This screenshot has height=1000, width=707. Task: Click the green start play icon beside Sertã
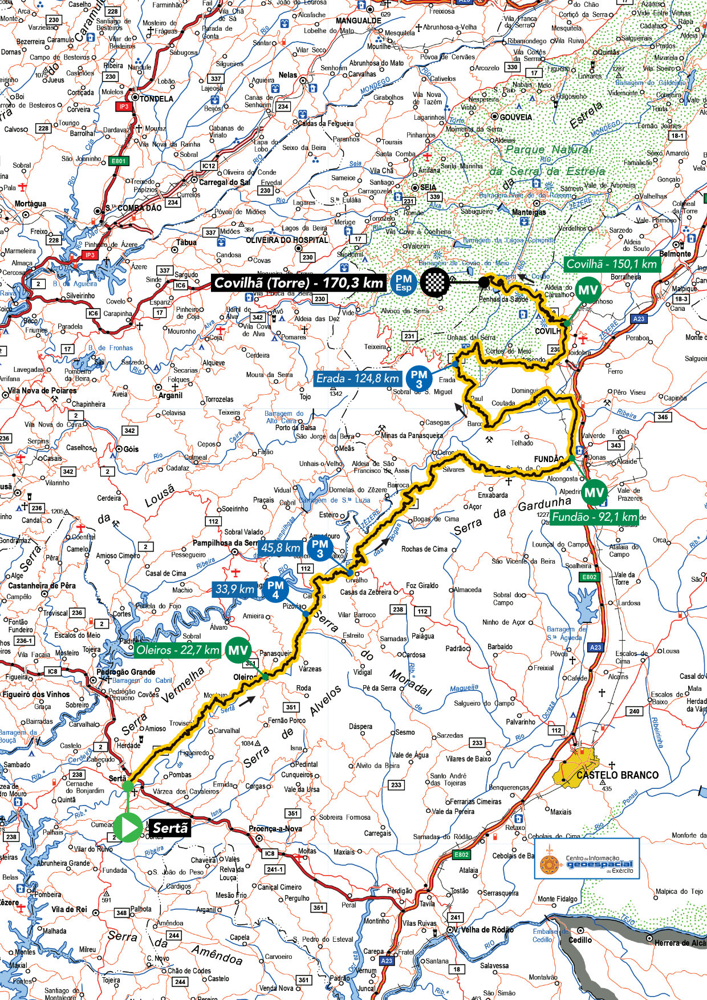[128, 827]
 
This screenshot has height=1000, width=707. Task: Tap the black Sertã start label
[169, 828]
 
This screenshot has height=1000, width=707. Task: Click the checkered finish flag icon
[435, 282]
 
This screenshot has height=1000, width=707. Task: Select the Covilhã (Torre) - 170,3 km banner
[299, 282]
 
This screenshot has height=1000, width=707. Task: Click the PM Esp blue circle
[404, 282]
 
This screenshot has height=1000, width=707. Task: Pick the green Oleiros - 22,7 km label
[178, 650]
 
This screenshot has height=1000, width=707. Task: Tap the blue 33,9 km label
[235, 588]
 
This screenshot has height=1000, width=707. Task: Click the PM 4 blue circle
[275, 589]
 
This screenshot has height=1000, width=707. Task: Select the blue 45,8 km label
[280, 547]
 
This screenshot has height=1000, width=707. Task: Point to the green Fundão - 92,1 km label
[595, 517]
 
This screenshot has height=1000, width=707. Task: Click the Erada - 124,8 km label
[357, 378]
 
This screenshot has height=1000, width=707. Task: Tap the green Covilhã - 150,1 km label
[611, 264]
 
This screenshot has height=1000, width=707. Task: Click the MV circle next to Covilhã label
[588, 290]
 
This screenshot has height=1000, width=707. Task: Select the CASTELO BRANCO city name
[617, 775]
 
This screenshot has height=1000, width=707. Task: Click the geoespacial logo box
[587, 859]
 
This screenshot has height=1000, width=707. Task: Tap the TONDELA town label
[156, 99]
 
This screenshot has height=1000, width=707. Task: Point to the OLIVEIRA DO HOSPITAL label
[287, 240]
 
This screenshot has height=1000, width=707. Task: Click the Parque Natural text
[548, 149]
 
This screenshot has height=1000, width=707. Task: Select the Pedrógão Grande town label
[126, 671]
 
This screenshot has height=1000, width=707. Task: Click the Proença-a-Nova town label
[275, 829]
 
